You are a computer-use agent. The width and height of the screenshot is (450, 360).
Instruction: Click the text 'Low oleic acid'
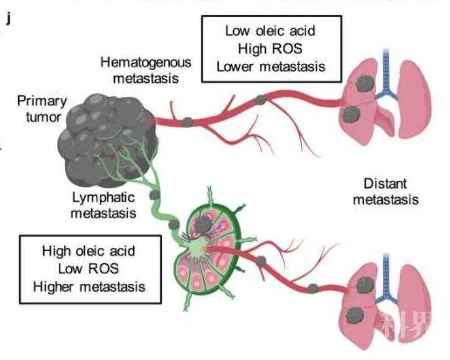click(271, 30)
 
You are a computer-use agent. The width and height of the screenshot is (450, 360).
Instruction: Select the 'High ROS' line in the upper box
click(271, 48)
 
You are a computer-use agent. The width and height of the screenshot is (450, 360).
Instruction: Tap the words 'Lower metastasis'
click(271, 66)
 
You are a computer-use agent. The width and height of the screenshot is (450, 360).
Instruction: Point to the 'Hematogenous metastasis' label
click(146, 70)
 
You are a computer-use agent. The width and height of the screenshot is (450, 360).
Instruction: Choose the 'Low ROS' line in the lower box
click(89, 269)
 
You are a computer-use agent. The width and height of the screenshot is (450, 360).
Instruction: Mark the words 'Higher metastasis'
click(89, 286)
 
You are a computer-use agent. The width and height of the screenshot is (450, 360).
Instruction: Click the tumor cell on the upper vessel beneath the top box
click(261, 99)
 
